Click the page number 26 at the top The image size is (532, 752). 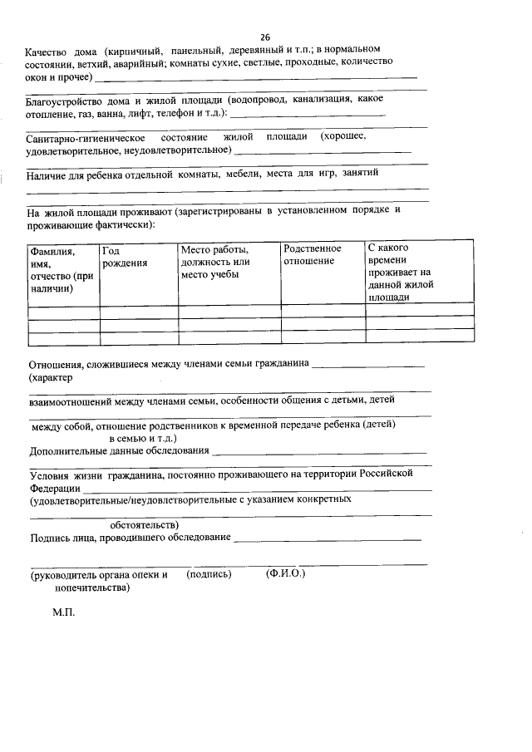pos(265,37)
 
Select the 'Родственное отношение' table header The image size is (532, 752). pos(312,255)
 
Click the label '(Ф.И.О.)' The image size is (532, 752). pos(286,574)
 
